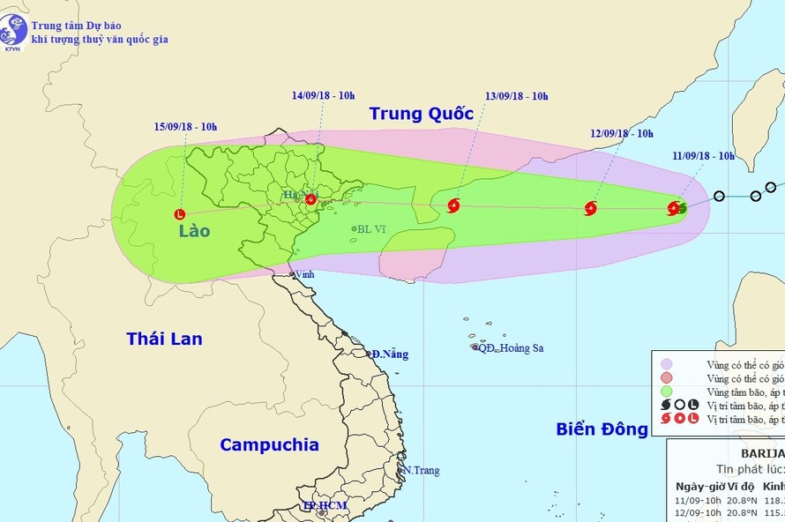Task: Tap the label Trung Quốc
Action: click(421, 113)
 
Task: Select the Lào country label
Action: click(193, 231)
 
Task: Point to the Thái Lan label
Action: click(164, 339)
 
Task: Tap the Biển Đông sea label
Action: click(602, 429)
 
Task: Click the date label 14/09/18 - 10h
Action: click(324, 95)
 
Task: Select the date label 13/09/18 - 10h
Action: click(516, 96)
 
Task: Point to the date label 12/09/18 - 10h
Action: click(621, 133)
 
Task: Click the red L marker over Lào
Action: click(180, 213)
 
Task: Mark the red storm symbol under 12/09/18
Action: click(590, 209)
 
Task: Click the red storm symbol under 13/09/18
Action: click(453, 206)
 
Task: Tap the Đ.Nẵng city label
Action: click(390, 354)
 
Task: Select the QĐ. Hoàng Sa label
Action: click(511, 348)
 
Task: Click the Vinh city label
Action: click(304, 274)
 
